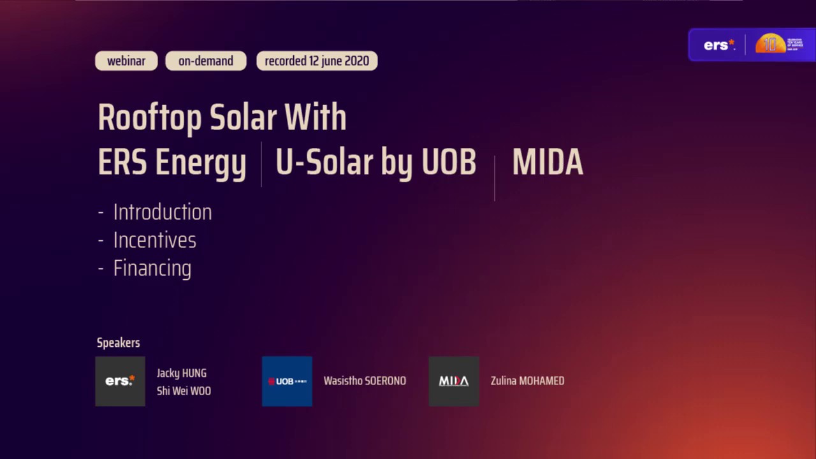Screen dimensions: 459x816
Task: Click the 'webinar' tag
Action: (x=126, y=61)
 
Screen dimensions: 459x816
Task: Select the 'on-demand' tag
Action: (x=205, y=61)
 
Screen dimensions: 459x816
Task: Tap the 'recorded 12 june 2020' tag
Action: (x=317, y=61)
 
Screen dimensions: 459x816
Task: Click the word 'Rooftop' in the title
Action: (x=150, y=118)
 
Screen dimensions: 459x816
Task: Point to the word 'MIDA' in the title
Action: (x=547, y=163)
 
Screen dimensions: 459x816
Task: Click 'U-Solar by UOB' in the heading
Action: (x=375, y=163)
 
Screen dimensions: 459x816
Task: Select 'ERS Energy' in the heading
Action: (x=171, y=163)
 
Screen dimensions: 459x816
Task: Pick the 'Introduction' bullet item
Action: (x=162, y=212)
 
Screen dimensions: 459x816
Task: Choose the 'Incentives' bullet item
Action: (x=154, y=240)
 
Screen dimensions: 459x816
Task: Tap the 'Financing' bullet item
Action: (x=152, y=268)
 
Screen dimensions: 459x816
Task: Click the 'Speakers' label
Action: (x=118, y=343)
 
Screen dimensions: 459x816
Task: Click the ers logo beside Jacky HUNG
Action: (x=120, y=381)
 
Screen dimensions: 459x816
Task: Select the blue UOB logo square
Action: (x=287, y=381)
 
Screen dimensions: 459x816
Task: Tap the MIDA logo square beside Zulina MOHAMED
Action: (x=454, y=381)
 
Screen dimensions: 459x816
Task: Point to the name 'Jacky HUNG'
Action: (x=182, y=374)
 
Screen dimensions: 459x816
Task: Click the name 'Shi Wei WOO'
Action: (x=184, y=391)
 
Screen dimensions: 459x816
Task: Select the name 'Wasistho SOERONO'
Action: (x=365, y=381)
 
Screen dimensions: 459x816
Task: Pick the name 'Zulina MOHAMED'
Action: (x=527, y=381)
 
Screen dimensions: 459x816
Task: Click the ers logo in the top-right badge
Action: (x=719, y=45)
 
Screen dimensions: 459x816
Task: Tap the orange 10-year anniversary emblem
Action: (x=770, y=44)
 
